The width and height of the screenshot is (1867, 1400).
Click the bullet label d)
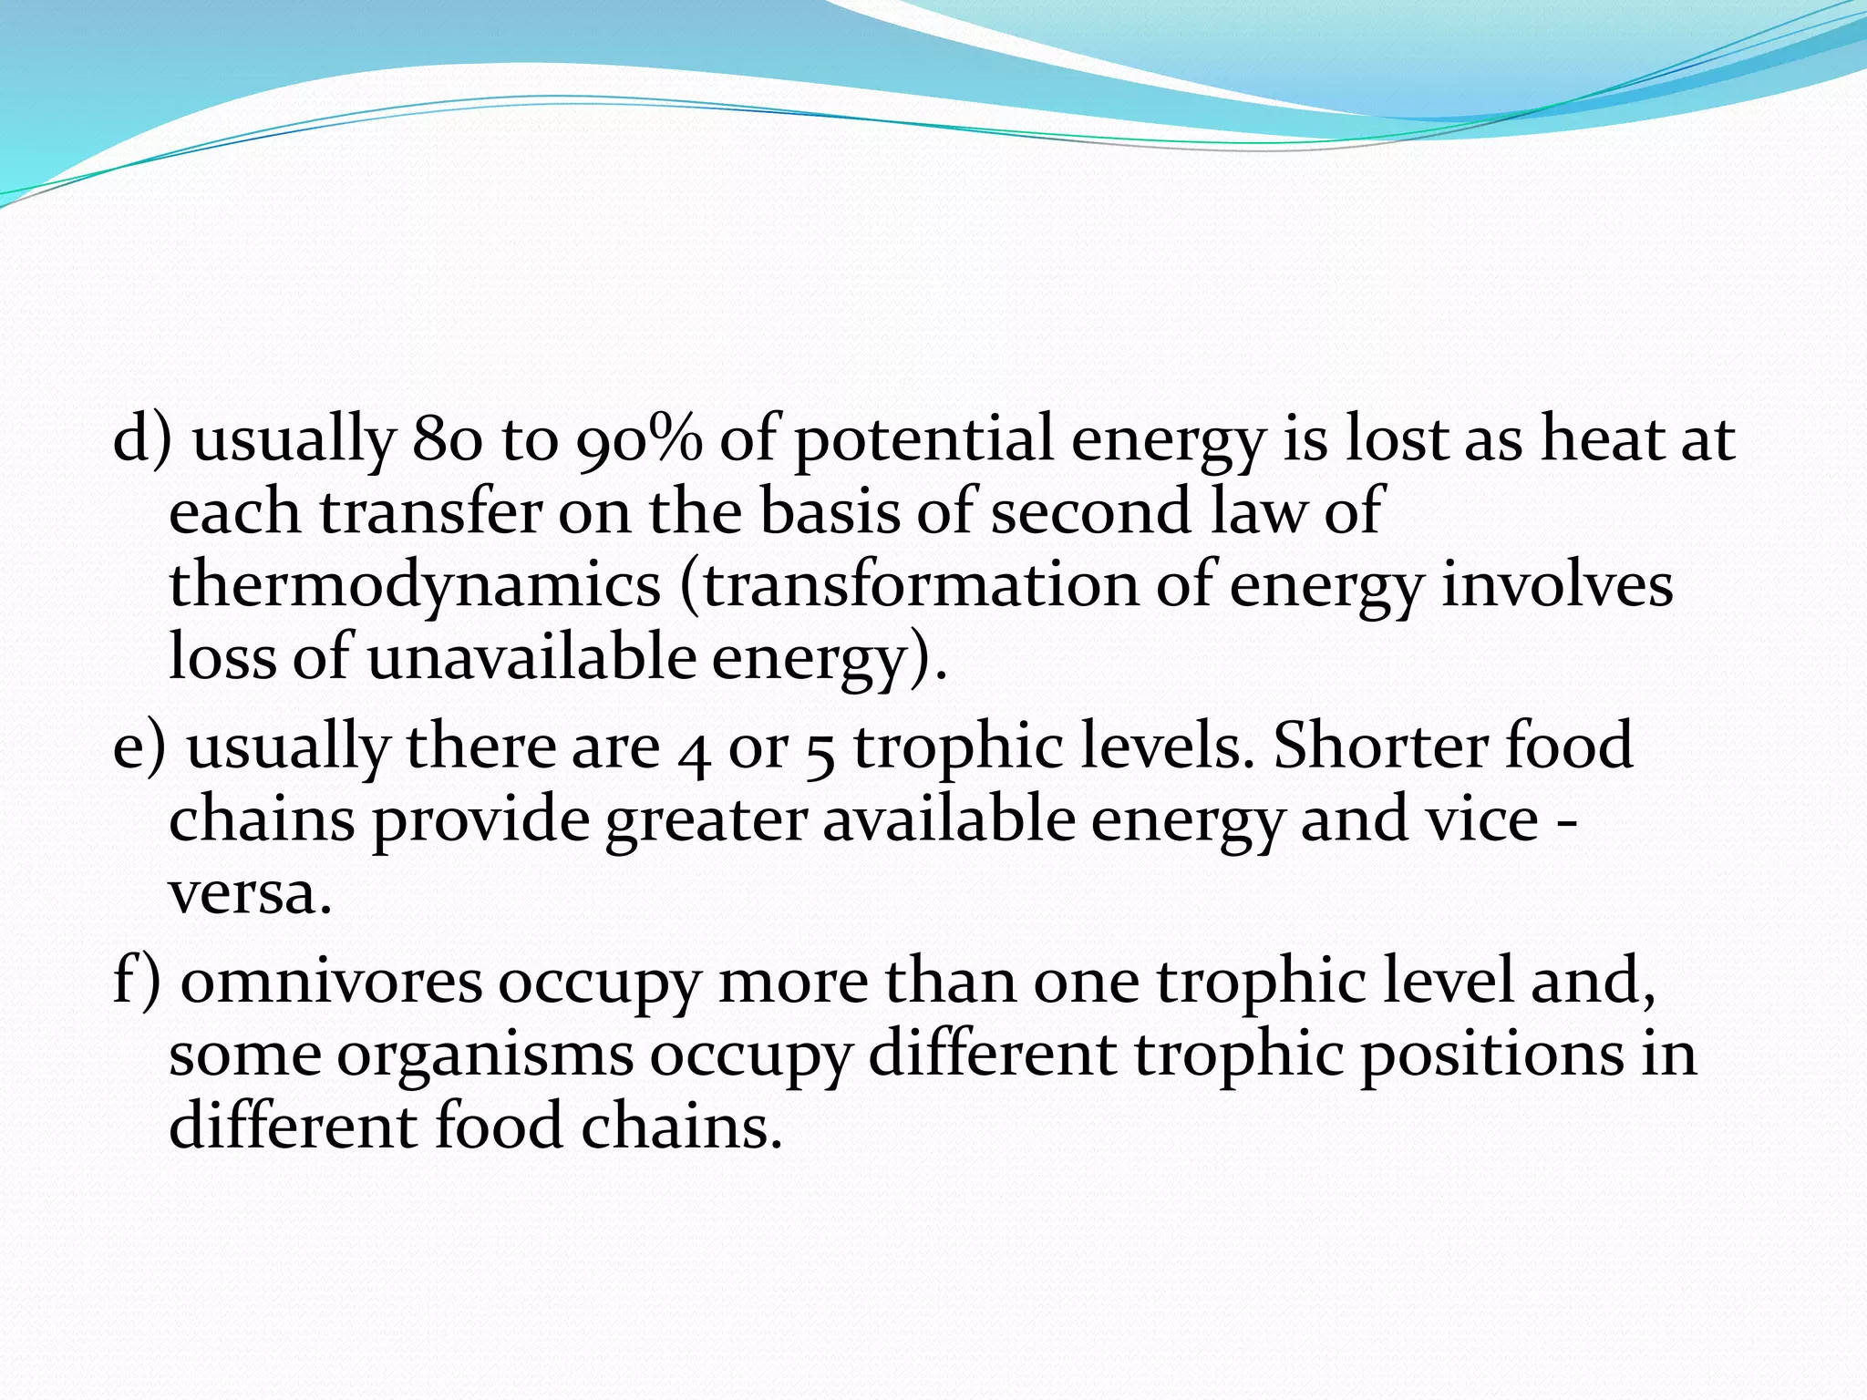tap(142, 440)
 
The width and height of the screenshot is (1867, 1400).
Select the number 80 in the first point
tap(447, 440)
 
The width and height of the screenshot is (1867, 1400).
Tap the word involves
tap(1557, 586)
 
